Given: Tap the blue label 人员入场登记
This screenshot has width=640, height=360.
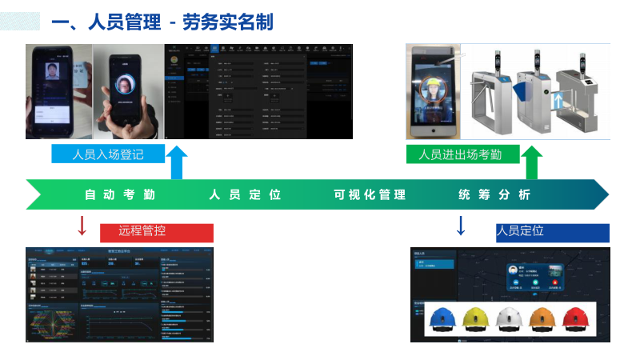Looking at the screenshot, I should [x=107, y=154].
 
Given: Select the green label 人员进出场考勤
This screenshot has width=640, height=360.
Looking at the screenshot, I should [x=460, y=154].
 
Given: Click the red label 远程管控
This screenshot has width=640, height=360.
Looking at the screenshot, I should [x=156, y=232].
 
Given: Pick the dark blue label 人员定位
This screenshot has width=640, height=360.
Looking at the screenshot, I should [x=552, y=231].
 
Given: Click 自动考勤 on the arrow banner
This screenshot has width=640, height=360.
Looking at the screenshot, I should [x=120, y=194].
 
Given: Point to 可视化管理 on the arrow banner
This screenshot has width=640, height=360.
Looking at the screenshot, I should [x=370, y=194].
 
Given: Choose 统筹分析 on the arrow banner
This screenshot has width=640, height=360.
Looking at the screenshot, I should [x=494, y=194].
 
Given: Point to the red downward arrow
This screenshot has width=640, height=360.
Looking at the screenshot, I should [x=82, y=226].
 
